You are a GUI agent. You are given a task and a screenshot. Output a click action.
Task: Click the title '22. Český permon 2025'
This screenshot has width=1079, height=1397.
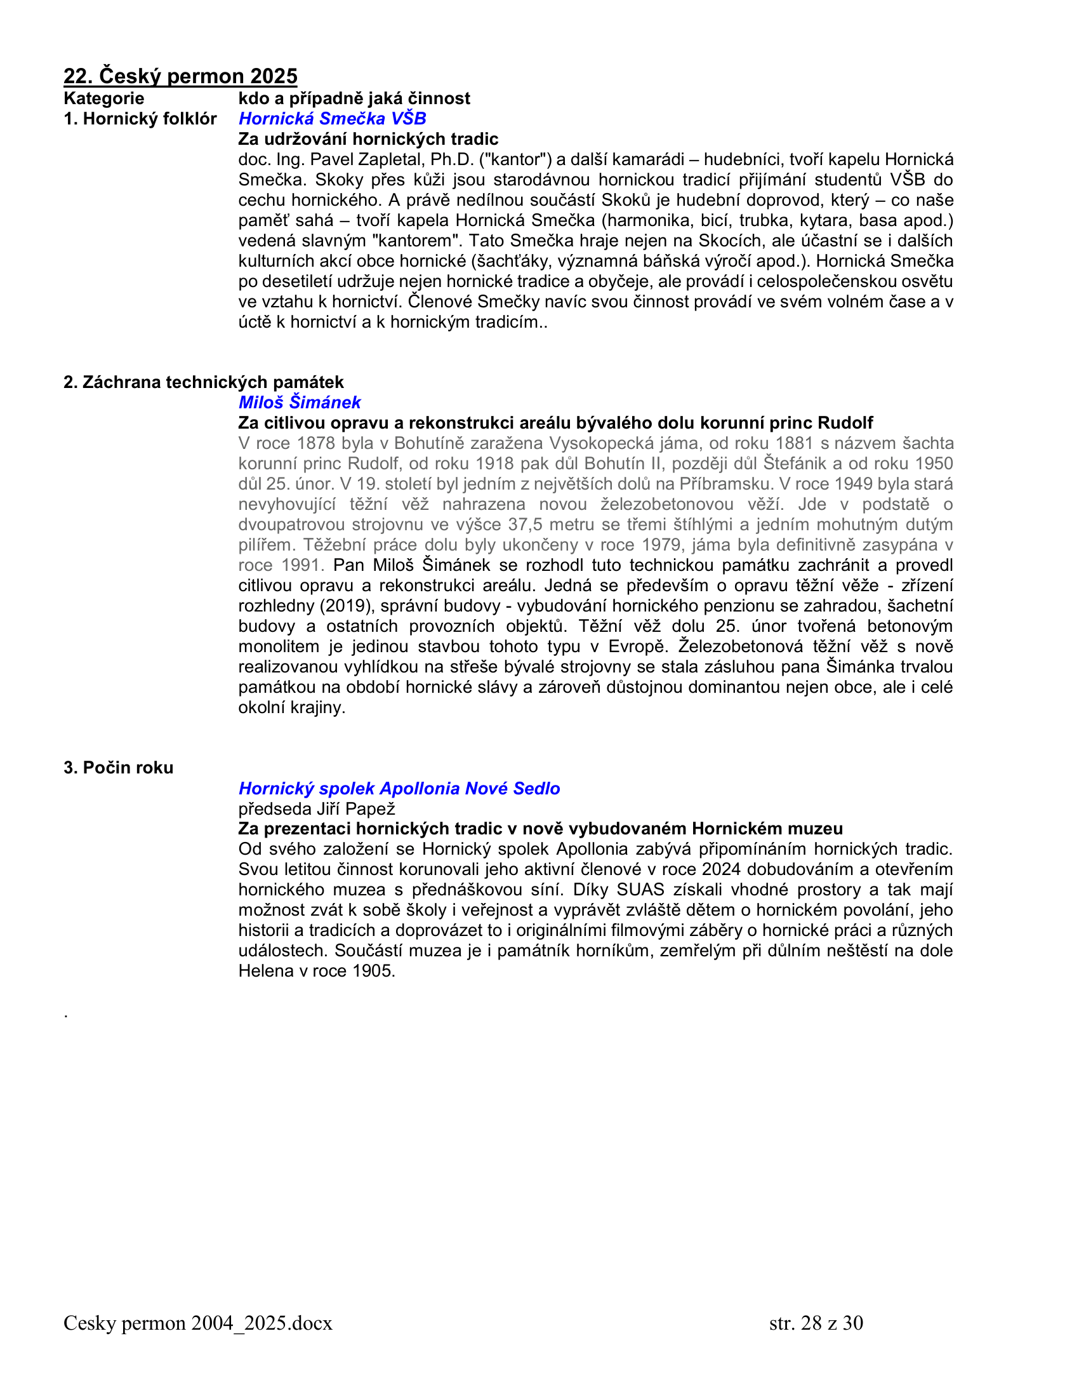pyautogui.click(x=180, y=76)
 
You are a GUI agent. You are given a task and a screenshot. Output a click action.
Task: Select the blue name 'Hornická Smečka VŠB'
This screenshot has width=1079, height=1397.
pyautogui.click(x=332, y=118)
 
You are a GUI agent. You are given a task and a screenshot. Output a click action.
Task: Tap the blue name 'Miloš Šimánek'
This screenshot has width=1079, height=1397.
pyautogui.click(x=299, y=403)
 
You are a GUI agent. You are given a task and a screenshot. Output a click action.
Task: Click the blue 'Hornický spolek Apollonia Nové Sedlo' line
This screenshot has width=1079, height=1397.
pyautogui.click(x=399, y=788)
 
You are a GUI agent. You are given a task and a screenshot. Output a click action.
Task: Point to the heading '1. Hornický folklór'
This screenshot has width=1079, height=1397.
pyautogui.click(x=140, y=118)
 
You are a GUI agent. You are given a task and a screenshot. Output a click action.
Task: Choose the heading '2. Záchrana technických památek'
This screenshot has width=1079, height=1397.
pyautogui.click(x=203, y=382)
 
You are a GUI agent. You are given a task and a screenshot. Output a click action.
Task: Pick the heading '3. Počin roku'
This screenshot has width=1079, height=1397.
pyautogui.click(x=118, y=768)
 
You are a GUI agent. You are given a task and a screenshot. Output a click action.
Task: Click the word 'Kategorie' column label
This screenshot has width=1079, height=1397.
pyautogui.click(x=103, y=98)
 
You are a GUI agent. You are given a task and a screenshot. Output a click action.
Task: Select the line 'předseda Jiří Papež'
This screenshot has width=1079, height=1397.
pyautogui.click(x=317, y=808)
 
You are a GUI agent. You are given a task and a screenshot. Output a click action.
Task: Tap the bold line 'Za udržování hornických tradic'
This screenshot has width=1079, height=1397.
pyautogui.click(x=368, y=139)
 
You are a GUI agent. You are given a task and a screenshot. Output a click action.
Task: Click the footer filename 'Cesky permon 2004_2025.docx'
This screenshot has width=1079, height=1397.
pyautogui.click(x=197, y=1322)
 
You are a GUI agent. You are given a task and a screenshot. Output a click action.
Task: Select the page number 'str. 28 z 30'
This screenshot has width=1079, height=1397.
pyautogui.click(x=816, y=1322)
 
